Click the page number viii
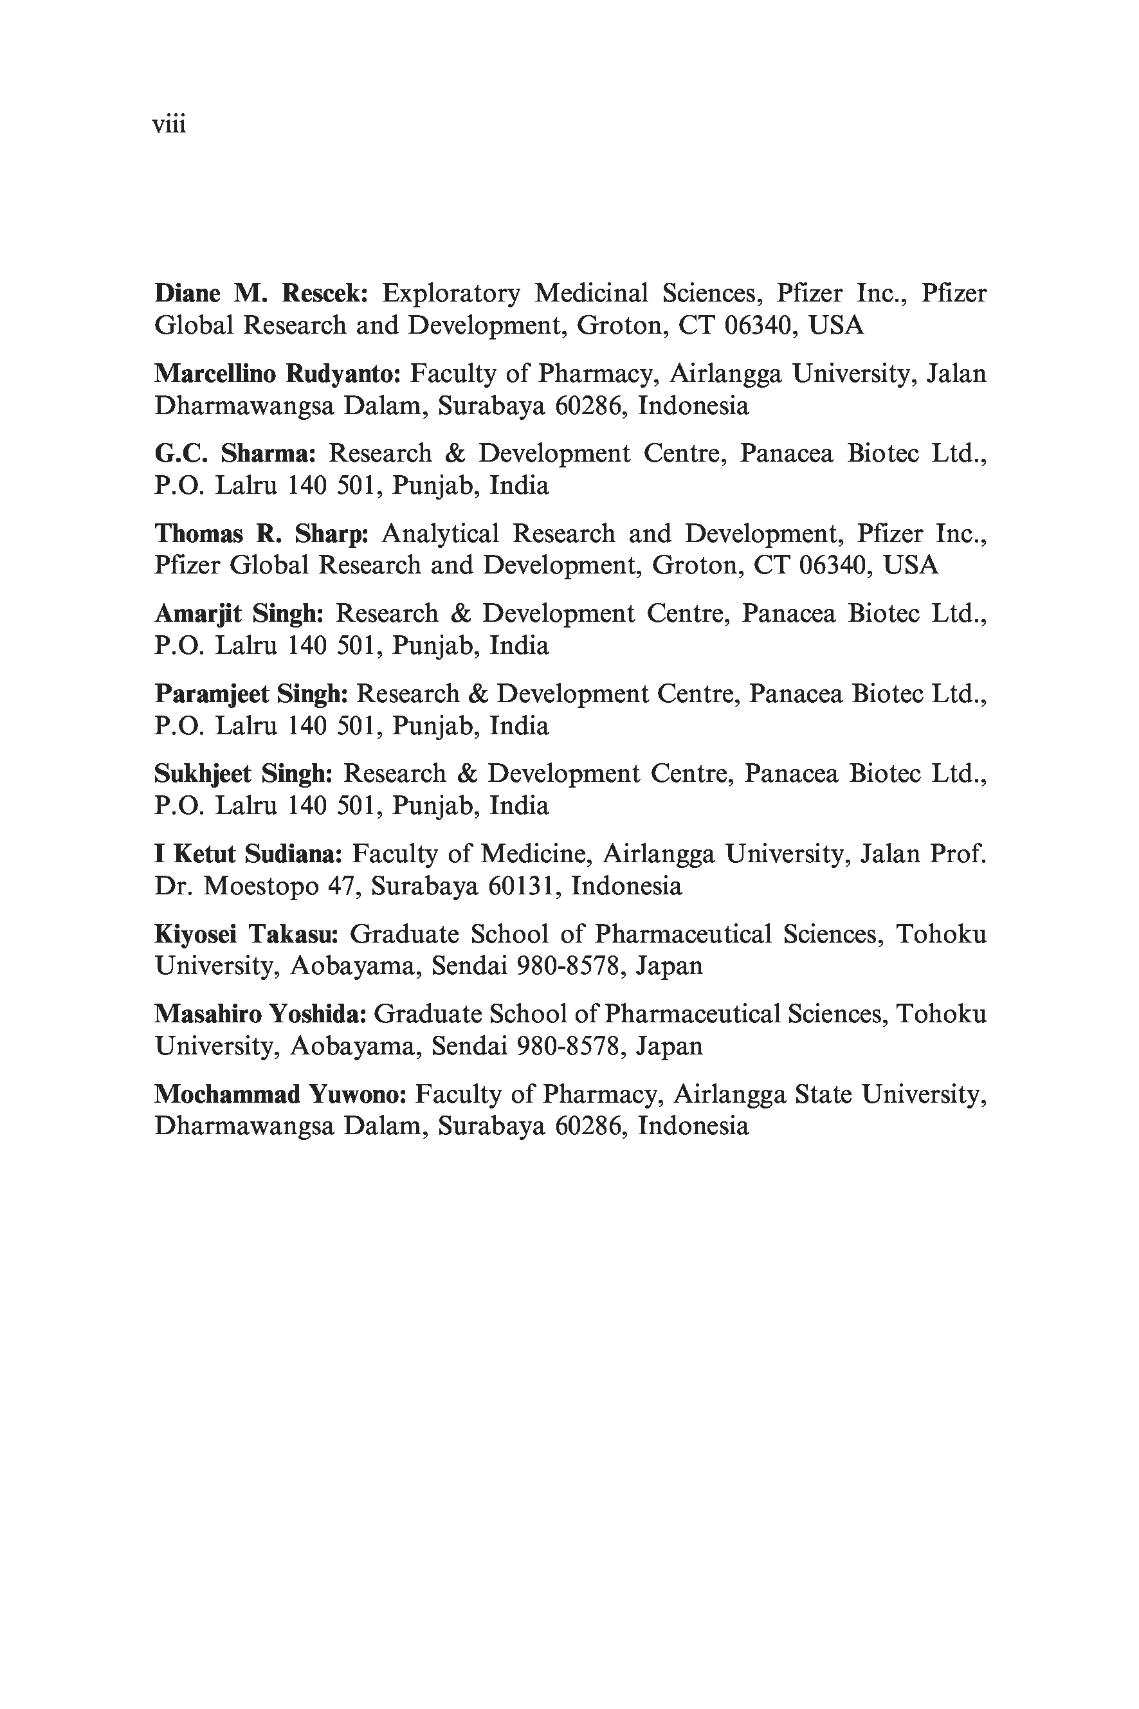coord(169,125)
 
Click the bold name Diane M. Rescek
coord(260,293)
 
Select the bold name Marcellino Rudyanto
coord(277,374)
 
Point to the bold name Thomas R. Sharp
coord(262,534)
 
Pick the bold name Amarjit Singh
coord(238,614)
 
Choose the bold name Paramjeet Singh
coord(251,694)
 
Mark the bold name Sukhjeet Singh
coord(242,774)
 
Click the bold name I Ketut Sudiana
coord(248,854)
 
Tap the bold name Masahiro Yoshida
coord(260,1014)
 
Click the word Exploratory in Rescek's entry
coord(451,293)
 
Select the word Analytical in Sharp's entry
coord(440,534)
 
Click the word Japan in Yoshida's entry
coord(668,1046)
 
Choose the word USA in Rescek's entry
coord(836,326)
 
